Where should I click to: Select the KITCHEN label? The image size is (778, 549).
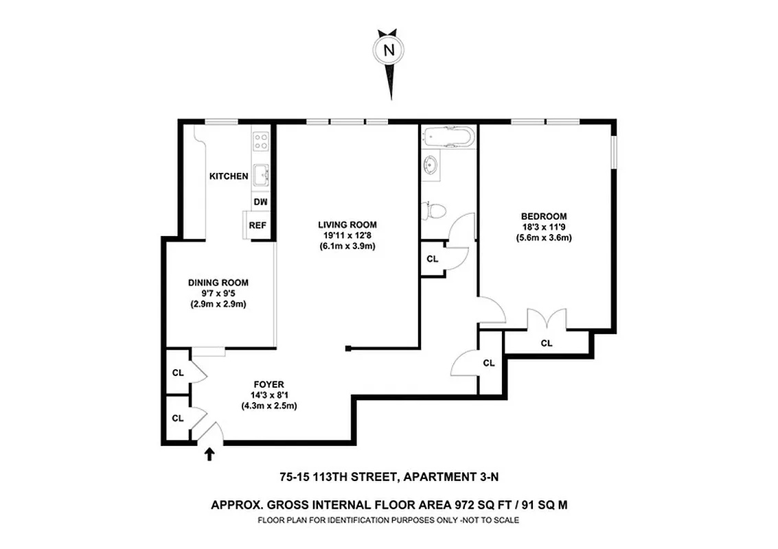tap(229, 176)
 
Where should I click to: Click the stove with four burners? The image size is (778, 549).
tap(261, 141)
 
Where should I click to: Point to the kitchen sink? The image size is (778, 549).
tap(261, 176)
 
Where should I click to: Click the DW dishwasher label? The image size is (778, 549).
tap(260, 202)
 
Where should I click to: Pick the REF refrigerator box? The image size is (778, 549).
tap(258, 225)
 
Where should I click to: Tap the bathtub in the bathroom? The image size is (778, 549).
tap(447, 136)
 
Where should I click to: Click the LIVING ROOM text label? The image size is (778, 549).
tap(347, 224)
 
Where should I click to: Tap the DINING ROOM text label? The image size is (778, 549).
tap(218, 282)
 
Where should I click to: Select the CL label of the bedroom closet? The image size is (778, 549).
tap(547, 343)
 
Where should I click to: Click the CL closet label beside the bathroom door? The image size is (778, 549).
tap(432, 259)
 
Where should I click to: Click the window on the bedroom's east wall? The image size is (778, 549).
tap(614, 151)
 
